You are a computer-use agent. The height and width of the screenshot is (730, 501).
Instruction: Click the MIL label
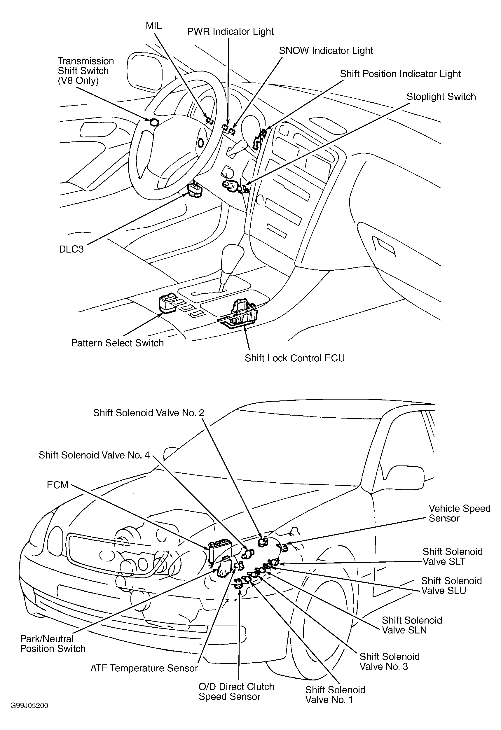pyautogui.click(x=154, y=26)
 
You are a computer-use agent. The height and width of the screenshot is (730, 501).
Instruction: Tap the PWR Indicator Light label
pyautogui.click(x=231, y=32)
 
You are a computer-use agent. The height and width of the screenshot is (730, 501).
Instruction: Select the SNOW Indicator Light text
pyautogui.click(x=326, y=51)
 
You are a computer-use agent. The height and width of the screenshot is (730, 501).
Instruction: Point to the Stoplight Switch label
pyautogui.click(x=441, y=97)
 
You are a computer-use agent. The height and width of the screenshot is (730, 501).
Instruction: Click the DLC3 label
pyautogui.click(x=71, y=249)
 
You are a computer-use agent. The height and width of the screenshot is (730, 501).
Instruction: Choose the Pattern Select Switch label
pyautogui.click(x=118, y=343)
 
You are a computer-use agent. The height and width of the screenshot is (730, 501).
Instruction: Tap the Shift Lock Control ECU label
pyautogui.click(x=294, y=358)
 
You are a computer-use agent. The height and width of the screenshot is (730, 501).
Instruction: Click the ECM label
pyautogui.click(x=57, y=485)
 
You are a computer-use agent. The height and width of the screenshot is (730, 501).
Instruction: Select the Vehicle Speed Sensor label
pyautogui.click(x=459, y=513)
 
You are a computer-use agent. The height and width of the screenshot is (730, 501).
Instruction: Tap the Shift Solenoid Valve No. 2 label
pyautogui.click(x=149, y=413)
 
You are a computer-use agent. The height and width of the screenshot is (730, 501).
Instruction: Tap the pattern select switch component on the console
pyautogui.click(x=167, y=303)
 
